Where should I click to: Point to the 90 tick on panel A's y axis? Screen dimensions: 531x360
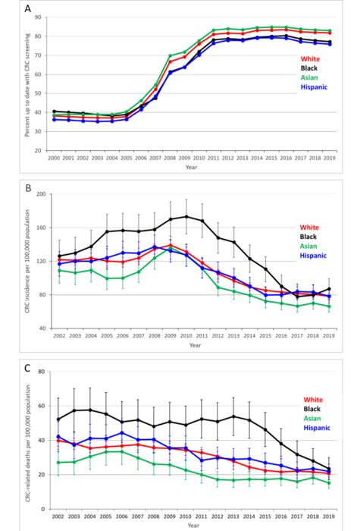tap(42, 16)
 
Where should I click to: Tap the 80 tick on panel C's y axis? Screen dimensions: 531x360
tap(42, 372)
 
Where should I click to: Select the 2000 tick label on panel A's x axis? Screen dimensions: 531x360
tap(54, 159)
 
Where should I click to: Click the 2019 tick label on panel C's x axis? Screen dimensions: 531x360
tap(330, 516)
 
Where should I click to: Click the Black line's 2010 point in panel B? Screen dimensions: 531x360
tap(186, 217)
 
